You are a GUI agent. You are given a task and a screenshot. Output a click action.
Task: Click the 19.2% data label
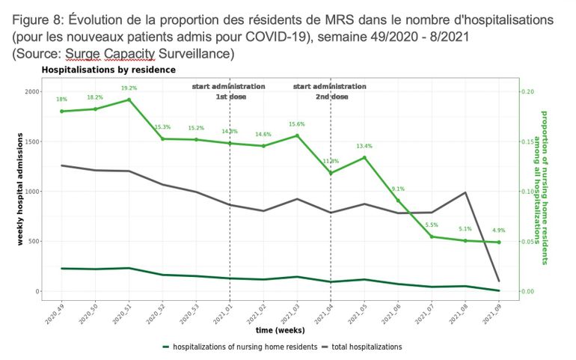(x=129, y=88)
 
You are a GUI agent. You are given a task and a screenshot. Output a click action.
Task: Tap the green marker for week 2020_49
(x=61, y=112)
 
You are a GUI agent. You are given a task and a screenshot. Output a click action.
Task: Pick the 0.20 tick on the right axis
(x=527, y=91)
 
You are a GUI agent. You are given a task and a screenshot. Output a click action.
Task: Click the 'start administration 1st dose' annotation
(x=229, y=91)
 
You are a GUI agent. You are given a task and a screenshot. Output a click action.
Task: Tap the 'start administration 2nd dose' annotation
(x=331, y=91)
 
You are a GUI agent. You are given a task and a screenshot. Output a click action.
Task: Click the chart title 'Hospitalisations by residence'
(x=108, y=70)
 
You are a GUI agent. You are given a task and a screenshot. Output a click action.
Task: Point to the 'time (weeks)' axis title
(x=280, y=329)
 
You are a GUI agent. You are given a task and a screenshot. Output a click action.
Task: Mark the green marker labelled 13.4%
(x=364, y=158)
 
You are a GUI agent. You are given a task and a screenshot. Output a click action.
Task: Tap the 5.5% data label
(x=432, y=225)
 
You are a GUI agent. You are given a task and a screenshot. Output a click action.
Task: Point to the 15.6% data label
(x=297, y=124)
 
